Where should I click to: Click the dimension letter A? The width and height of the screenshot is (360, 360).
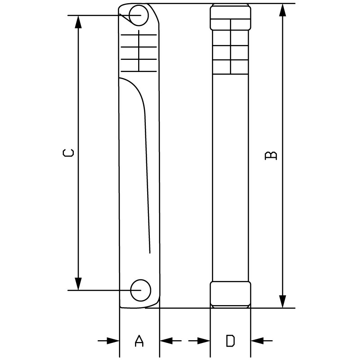click(139, 341)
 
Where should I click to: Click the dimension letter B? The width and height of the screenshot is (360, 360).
click(271, 155)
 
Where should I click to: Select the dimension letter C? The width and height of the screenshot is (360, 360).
click(68, 153)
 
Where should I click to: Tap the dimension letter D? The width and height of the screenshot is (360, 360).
click(230, 341)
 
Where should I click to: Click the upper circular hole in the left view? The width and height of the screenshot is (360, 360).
click(139, 15)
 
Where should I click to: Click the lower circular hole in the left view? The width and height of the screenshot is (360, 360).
click(140, 290)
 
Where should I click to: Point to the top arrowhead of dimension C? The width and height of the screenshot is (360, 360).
click(78, 22)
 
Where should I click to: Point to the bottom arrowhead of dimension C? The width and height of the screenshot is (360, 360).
click(78, 284)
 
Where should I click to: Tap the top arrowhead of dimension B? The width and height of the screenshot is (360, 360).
click(283, 10)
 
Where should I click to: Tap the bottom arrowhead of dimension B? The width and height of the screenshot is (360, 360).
click(283, 301)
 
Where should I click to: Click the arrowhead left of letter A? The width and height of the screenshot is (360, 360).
click(113, 341)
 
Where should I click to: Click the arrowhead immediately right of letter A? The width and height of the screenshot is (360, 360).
click(166, 341)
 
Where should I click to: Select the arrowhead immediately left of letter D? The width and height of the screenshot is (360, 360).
click(204, 341)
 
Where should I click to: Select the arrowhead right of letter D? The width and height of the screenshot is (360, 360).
click(257, 341)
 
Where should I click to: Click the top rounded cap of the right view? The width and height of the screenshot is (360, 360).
click(230, 17)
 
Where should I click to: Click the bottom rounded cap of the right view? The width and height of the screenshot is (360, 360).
click(230, 295)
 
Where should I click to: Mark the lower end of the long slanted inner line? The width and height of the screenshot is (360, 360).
click(150, 253)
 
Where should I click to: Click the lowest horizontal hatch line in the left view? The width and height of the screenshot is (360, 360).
click(139, 72)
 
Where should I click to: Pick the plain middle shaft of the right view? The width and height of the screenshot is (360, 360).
click(230, 178)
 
